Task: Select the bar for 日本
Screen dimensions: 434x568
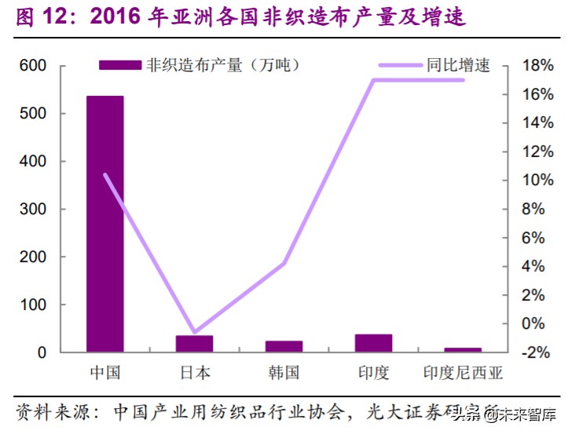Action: pyautogui.click(x=194, y=344)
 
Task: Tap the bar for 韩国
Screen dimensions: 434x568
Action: pyautogui.click(x=284, y=346)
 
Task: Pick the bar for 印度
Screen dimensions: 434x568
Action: pyautogui.click(x=373, y=343)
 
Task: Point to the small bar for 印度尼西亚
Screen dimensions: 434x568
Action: pyautogui.click(x=463, y=349)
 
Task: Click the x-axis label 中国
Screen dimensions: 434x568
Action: pyautogui.click(x=104, y=372)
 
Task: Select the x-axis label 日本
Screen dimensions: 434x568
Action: pyautogui.click(x=194, y=372)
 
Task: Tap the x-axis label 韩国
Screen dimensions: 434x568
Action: pyautogui.click(x=284, y=372)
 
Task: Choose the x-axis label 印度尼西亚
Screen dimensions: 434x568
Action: pyautogui.click(x=463, y=372)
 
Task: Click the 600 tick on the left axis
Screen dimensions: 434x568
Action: pyautogui.click(x=32, y=66)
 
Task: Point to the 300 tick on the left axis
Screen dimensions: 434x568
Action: pyautogui.click(x=32, y=210)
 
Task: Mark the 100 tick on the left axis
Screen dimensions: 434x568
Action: pyautogui.click(x=32, y=305)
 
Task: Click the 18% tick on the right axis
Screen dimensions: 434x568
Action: pyautogui.click(x=537, y=66)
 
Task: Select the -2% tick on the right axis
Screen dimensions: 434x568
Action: pyautogui.click(x=537, y=352)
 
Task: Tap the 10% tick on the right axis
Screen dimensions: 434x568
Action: pyautogui.click(x=537, y=181)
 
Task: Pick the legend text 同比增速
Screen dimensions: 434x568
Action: pyautogui.click(x=458, y=65)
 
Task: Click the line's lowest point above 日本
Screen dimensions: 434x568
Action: pyautogui.click(x=194, y=332)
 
